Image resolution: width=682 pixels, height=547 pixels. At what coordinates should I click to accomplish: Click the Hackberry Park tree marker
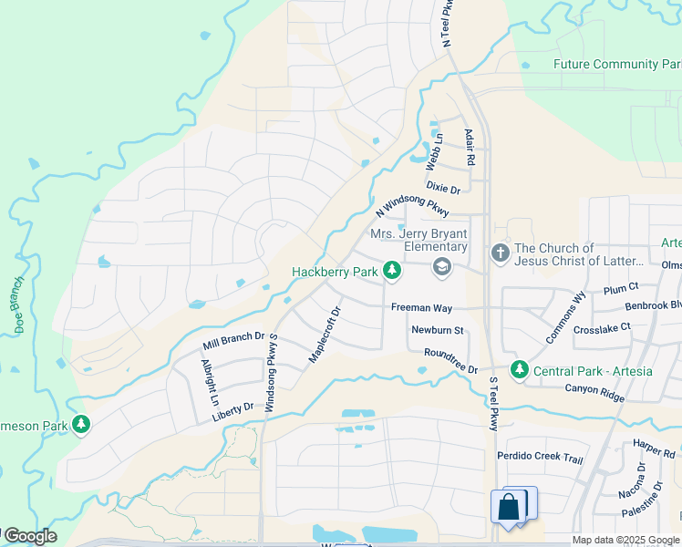tap(392, 270)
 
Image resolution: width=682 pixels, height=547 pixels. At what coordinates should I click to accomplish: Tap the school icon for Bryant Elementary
tap(442, 266)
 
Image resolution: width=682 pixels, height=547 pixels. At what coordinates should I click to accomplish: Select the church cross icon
tap(500, 253)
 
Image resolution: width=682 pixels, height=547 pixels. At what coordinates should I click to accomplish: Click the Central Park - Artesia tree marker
tap(519, 369)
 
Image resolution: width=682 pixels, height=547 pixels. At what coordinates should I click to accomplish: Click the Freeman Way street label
tap(421, 308)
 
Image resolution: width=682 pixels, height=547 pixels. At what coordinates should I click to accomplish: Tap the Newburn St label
tap(438, 330)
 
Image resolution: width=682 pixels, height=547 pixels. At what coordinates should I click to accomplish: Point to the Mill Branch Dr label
tap(233, 342)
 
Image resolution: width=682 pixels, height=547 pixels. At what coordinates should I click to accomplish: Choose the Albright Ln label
tap(210, 382)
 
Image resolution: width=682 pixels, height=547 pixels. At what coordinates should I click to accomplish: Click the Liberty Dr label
tap(232, 412)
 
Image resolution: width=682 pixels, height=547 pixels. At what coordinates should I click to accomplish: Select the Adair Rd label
tap(470, 147)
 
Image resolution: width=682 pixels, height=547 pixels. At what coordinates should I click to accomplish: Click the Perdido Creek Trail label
tap(540, 457)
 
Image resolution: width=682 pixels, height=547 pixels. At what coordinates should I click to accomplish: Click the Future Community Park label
tap(617, 65)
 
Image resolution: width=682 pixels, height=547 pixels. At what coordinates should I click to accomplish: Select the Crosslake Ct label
tap(602, 327)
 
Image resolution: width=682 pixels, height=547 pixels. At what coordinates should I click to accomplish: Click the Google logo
tap(29, 536)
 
